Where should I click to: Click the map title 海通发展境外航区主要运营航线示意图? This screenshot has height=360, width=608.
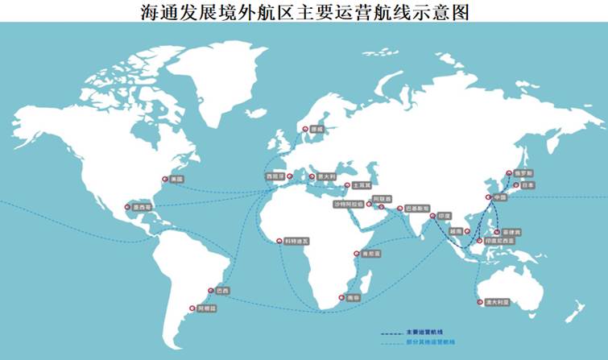click(x=304, y=10)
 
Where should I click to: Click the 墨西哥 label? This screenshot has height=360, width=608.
click(x=142, y=206)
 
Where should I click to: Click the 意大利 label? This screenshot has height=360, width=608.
click(x=325, y=175)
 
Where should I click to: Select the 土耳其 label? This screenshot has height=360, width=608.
click(x=362, y=185)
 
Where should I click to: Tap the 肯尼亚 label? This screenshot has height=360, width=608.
click(x=370, y=253)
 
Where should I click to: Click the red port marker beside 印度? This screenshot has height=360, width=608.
click(x=432, y=216)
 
